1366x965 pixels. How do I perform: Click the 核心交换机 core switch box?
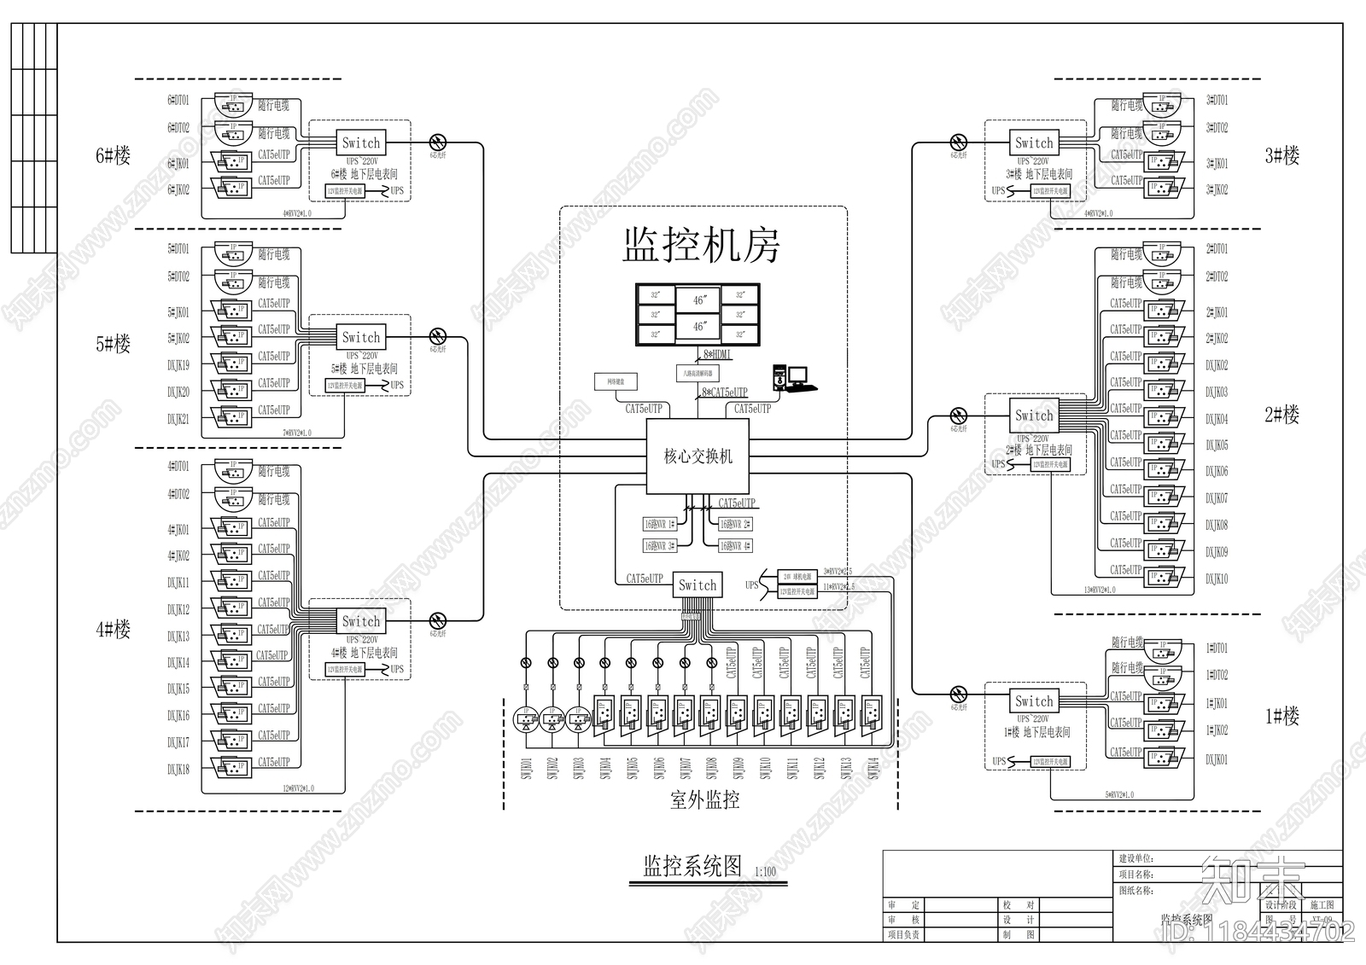(x=698, y=456)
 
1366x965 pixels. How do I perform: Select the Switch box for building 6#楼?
(x=361, y=142)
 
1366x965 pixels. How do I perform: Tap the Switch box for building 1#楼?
(x=1034, y=701)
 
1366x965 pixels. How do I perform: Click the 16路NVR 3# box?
(x=660, y=545)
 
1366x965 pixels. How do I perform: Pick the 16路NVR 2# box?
(x=734, y=524)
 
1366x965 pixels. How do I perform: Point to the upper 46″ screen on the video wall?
(x=699, y=299)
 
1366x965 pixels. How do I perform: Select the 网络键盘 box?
(x=616, y=381)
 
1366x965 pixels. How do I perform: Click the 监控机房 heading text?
(x=701, y=245)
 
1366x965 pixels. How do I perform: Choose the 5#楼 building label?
(x=113, y=344)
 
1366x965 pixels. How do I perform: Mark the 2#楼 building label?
(x=1281, y=416)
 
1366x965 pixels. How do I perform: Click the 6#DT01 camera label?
(x=178, y=101)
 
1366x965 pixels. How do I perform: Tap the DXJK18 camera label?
(x=178, y=770)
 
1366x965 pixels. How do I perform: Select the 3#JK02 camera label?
(x=1217, y=189)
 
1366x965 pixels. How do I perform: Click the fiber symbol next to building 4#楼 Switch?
(x=438, y=620)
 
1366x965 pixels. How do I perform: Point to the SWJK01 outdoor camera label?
(x=526, y=768)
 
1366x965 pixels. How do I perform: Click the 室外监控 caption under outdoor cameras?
(x=704, y=800)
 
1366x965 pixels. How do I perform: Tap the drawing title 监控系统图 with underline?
(x=692, y=867)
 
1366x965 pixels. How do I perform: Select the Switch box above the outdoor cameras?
(x=698, y=584)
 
